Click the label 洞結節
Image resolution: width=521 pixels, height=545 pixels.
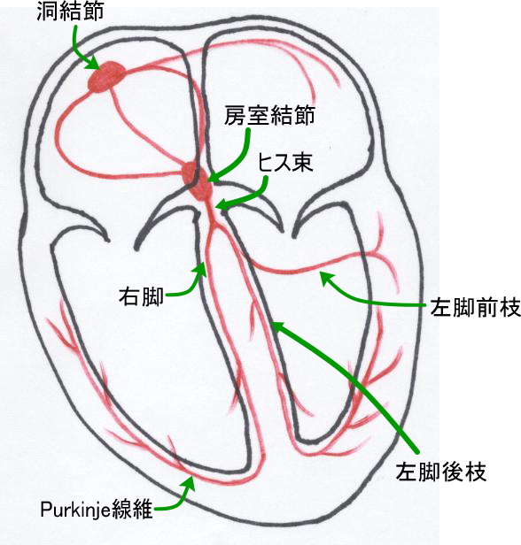(70, 11)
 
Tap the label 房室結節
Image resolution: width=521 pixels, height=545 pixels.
(269, 115)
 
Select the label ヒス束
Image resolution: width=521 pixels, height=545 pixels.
(285, 162)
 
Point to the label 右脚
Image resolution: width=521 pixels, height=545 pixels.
(141, 297)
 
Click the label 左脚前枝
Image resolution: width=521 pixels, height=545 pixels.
(476, 307)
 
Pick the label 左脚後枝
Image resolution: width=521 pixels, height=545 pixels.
(441, 472)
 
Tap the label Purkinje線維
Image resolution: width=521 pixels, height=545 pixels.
(97, 510)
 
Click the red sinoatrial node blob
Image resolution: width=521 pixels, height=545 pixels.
(106, 77)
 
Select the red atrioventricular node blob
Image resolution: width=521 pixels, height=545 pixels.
(198, 181)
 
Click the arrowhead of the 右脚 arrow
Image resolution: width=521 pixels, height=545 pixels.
(201, 268)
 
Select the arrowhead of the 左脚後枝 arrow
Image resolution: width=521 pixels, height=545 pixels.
(277, 326)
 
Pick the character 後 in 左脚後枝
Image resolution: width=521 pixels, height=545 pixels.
(453, 472)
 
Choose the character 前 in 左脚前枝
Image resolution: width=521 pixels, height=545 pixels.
(486, 307)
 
